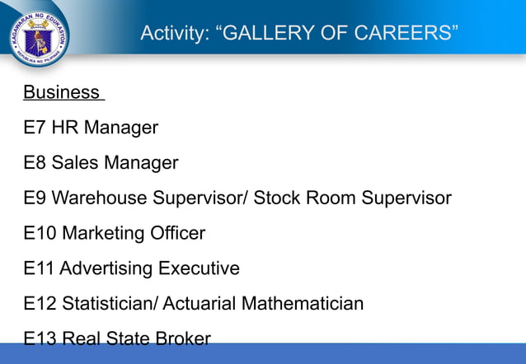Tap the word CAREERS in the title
click(x=402, y=34)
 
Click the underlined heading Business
click(x=61, y=92)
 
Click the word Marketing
click(x=101, y=234)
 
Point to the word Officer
click(x=175, y=234)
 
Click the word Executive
click(x=200, y=269)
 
